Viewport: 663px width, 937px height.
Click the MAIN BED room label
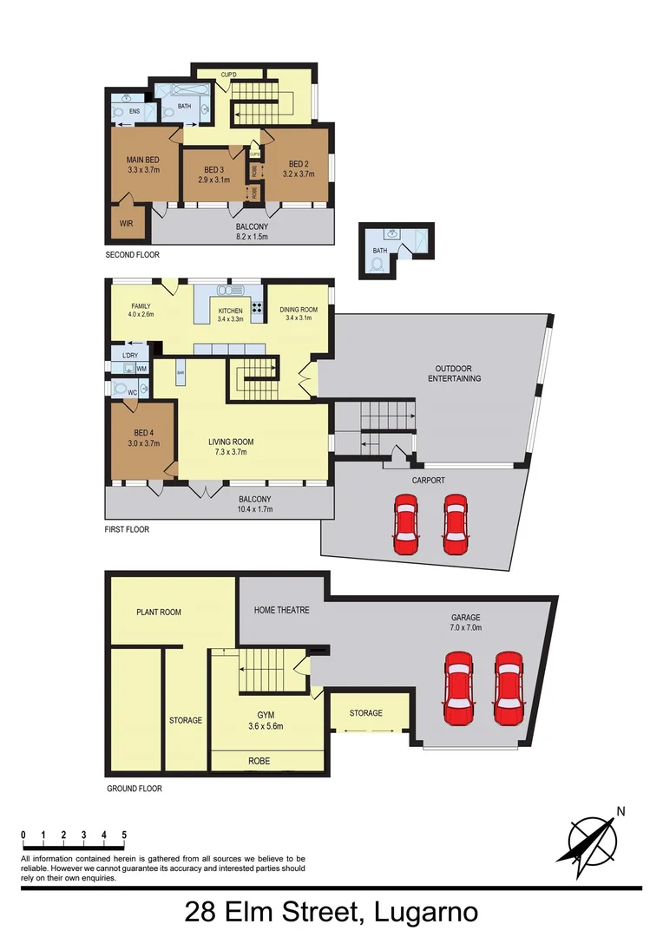143,160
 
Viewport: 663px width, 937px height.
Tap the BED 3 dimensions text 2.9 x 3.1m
213,180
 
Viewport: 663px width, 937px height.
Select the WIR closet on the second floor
127,223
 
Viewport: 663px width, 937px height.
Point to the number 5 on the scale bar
124,835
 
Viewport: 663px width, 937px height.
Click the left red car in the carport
405,524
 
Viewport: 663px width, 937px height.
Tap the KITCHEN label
230,311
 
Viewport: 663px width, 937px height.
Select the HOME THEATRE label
281,610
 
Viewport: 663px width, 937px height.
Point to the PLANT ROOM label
159,613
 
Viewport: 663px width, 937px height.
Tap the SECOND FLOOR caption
133,255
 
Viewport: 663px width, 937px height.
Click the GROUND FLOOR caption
134,789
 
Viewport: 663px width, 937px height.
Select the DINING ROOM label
299,310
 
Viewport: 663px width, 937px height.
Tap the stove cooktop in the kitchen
257,307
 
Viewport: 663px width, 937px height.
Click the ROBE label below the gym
259,761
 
